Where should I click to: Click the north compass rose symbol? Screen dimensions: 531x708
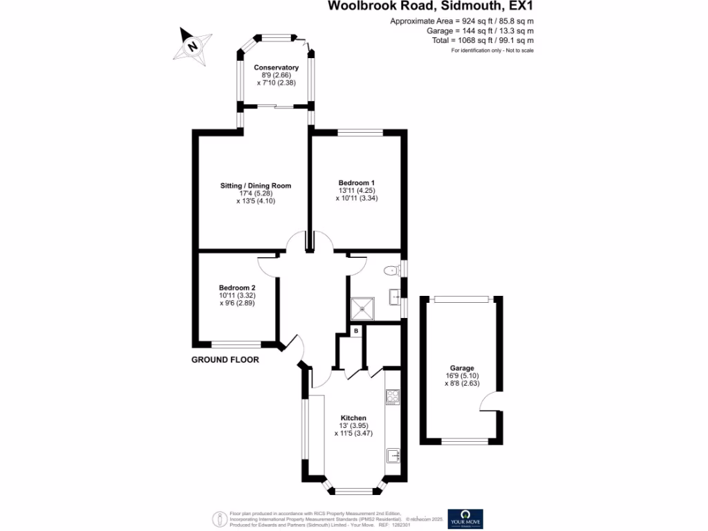[x=194, y=46]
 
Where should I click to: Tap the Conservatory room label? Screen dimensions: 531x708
[x=276, y=67]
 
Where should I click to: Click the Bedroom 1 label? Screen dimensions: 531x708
[x=357, y=182]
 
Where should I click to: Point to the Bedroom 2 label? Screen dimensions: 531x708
[x=237, y=288]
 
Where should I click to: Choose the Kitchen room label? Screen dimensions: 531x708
[x=353, y=418]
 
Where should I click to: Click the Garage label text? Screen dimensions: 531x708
[x=462, y=368]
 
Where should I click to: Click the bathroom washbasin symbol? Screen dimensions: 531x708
[x=396, y=297]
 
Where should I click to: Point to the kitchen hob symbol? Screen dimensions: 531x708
[x=393, y=397]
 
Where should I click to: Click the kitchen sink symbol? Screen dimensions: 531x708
[x=393, y=456]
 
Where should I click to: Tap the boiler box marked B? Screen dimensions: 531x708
[x=356, y=332]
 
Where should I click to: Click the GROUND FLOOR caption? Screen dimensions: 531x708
[x=225, y=360]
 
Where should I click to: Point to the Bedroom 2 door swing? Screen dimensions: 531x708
[x=268, y=261]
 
